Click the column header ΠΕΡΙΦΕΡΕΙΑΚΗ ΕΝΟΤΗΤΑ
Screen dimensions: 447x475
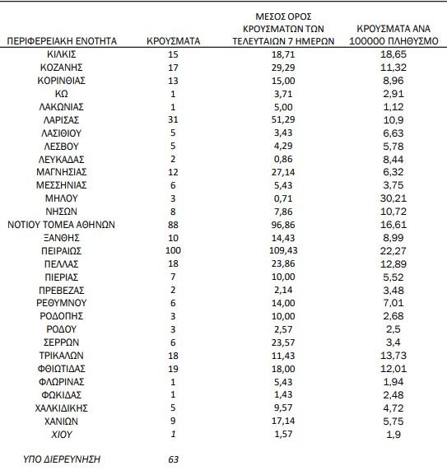62,41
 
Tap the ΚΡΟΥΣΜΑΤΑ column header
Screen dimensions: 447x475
173,41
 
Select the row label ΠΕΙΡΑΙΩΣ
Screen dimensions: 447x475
62,251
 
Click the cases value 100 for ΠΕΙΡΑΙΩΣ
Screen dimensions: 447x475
173,250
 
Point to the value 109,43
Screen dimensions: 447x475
283,250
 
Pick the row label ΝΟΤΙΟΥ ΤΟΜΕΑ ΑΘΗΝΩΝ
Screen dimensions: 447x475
61,225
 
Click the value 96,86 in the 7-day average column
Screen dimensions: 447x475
283,225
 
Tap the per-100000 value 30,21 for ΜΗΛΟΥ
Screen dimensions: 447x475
393,198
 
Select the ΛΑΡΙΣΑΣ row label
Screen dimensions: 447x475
62,120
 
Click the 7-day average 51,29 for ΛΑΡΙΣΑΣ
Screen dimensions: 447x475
283,119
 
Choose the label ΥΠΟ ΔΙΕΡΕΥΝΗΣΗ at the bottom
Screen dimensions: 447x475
62,459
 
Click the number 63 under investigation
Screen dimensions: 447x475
173,459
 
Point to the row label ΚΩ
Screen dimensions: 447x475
62,94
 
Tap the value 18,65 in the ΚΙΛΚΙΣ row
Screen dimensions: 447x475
393,54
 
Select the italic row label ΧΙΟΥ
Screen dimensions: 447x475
62,435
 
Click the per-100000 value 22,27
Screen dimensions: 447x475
393,251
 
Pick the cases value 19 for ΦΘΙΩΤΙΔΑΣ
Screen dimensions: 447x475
173,369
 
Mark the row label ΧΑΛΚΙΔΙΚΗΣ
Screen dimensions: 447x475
62,408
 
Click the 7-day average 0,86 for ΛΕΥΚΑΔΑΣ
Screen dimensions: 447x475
283,159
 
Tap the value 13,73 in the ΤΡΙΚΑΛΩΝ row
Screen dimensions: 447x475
393,356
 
